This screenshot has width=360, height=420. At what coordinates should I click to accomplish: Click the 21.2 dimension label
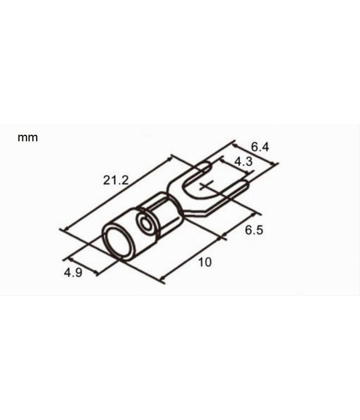[x=115, y=180]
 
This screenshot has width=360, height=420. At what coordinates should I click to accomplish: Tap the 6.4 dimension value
[x=260, y=147]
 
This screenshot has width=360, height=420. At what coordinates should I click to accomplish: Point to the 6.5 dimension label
[x=254, y=230]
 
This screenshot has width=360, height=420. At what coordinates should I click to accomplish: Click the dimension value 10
[x=204, y=262]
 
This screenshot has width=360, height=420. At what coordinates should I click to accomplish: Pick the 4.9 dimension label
[x=73, y=273]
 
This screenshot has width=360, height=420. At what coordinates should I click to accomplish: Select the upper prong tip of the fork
[x=206, y=166]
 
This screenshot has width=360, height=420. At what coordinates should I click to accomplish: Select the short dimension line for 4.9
[x=80, y=264]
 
